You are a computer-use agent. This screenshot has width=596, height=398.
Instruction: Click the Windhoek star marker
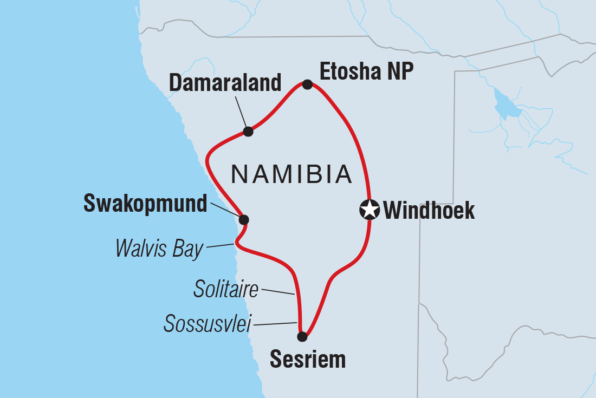370,210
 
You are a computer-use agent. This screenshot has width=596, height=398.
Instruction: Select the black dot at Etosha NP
307,84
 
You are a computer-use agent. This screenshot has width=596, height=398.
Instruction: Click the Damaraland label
225,83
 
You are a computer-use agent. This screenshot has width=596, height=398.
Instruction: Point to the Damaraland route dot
248,132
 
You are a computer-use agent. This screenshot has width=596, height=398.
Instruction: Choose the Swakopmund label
145,204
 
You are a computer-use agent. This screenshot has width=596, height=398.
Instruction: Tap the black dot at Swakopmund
244,219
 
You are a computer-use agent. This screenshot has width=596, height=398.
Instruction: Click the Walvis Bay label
159,249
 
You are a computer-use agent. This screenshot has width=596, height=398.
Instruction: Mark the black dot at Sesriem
302,337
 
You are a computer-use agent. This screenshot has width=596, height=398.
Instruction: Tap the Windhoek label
429,211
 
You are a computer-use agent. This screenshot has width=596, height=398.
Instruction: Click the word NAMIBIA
291,174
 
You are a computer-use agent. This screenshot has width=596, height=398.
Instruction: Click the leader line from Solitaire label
278,292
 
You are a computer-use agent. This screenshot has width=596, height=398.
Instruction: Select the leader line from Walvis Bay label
220,246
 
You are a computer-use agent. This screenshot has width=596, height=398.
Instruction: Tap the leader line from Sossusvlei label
276,324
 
